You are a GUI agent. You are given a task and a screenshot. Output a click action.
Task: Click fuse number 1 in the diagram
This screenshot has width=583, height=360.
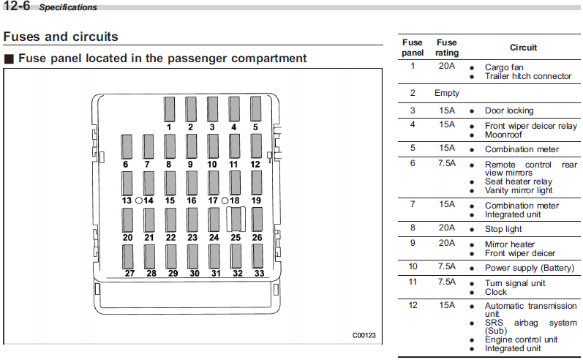[x=169, y=109]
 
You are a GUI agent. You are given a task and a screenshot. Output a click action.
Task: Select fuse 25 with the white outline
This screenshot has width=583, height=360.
[x=236, y=219]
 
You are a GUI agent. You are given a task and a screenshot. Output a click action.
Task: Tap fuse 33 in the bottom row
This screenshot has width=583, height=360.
[x=257, y=256]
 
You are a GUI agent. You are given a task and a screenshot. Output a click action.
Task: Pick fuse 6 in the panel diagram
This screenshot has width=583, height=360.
[x=127, y=146]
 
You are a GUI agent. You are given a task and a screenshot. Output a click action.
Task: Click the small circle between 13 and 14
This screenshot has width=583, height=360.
[x=139, y=200]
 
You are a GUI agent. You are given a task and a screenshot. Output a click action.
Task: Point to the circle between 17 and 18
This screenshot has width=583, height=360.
[x=225, y=200]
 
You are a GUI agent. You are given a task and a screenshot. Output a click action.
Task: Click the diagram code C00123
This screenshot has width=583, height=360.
[x=364, y=335]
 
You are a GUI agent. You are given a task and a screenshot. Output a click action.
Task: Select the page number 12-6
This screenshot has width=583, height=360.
[x=16, y=6]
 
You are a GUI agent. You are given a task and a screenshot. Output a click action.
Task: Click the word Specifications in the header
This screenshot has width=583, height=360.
[x=68, y=7]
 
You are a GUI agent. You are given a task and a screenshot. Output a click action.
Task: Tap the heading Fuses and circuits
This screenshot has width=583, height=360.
[x=61, y=37]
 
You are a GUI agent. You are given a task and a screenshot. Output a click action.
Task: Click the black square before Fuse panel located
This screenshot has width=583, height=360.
[x=9, y=59]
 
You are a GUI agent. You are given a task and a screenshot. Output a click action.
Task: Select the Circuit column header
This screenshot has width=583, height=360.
[x=523, y=48]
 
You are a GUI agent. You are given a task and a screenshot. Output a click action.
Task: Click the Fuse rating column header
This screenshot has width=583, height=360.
[x=447, y=48]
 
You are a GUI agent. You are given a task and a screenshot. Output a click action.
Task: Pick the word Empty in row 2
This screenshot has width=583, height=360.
[x=447, y=93]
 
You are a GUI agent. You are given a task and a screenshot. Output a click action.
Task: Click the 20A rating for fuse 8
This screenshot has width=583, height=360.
[x=447, y=228]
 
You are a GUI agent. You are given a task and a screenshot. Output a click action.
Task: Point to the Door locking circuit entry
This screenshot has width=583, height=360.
[x=509, y=110]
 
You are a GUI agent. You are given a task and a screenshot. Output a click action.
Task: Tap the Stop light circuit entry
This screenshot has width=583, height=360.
[x=503, y=229]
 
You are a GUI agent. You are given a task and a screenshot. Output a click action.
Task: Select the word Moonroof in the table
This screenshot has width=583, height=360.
[x=503, y=135]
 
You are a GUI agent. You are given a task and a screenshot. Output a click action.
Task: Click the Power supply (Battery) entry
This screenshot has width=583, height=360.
[x=530, y=268]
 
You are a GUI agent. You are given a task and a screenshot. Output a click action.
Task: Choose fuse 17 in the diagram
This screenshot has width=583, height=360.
[x=214, y=183]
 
